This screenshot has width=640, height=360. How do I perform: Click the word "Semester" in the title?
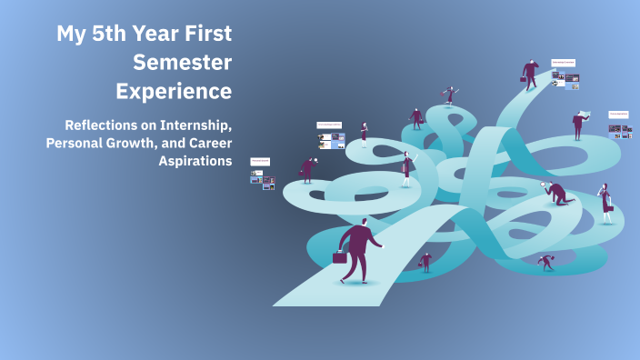182,63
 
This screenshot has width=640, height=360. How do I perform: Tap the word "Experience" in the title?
173,92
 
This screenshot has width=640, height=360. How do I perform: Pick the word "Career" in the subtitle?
206,143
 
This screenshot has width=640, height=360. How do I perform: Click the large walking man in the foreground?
358,248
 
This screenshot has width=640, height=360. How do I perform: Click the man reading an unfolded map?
578,124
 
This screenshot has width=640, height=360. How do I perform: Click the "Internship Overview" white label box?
564,64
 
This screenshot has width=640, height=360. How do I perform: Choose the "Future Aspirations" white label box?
619,115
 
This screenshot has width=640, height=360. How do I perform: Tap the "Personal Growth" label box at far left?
261,161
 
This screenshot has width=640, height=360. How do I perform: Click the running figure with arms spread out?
448,95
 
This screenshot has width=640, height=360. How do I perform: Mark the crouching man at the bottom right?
545,262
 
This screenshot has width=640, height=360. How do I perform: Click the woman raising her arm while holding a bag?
406,168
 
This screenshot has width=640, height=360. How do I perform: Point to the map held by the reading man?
586,114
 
